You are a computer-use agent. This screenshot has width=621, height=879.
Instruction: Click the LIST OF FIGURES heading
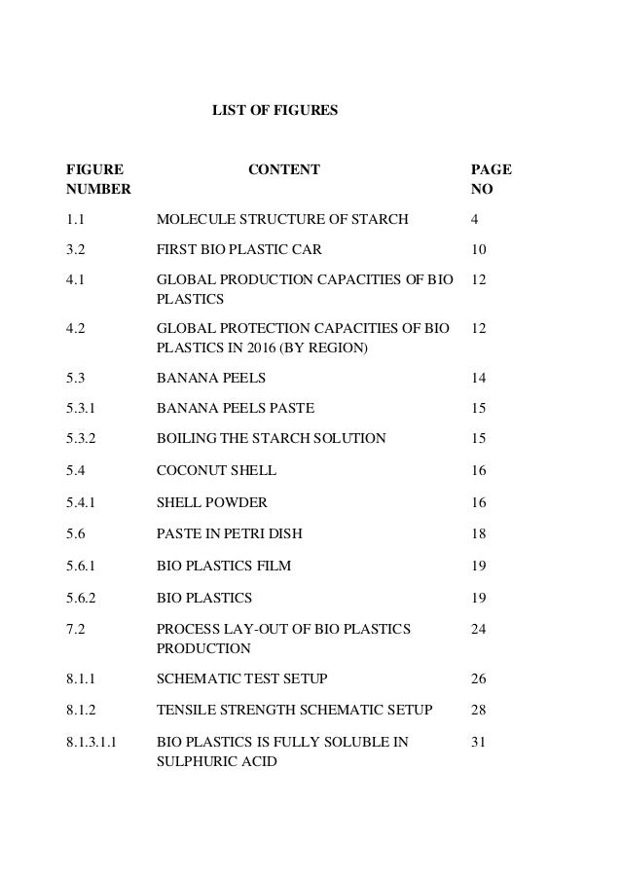coord(275,112)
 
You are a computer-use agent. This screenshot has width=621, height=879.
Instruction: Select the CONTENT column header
coord(283,170)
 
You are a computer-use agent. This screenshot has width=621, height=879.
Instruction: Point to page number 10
coord(478,251)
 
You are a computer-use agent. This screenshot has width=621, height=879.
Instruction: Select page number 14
coord(478,377)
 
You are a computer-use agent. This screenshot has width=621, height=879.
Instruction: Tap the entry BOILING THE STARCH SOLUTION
coord(271,438)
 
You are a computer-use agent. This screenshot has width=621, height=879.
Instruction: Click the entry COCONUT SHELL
coord(216,470)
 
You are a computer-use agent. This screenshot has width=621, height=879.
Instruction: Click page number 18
coord(478,533)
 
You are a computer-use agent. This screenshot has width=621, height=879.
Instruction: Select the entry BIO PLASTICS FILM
coord(224,565)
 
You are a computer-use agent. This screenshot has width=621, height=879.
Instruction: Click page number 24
coord(478,629)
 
